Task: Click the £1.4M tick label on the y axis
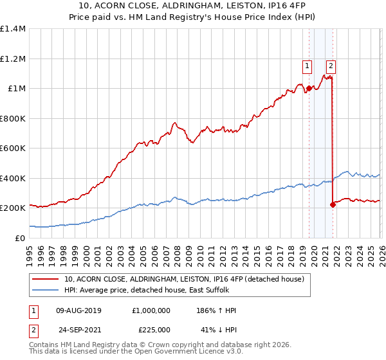tap(13, 29)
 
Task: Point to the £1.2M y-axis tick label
tap(13, 59)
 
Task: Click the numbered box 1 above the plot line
tap(307, 65)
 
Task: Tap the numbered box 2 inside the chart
tap(331, 65)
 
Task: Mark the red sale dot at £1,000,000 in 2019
tap(309, 89)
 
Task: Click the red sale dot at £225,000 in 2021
tap(333, 205)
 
